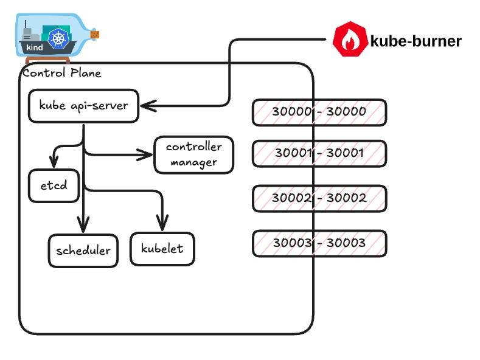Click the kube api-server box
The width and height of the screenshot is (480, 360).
click(83, 105)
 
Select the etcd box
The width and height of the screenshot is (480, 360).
click(54, 185)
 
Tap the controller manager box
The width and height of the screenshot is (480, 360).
click(193, 154)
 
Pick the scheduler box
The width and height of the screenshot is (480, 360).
click(83, 251)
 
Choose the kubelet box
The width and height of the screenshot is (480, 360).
click(162, 249)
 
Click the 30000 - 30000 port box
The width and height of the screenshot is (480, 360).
click(319, 112)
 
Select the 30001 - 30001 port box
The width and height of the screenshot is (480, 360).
click(319, 153)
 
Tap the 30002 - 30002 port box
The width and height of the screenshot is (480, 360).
click(319, 198)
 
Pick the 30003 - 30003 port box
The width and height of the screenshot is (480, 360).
click(319, 243)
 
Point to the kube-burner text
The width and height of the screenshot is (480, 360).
click(416, 41)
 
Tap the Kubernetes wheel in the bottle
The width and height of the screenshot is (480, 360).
click(58, 40)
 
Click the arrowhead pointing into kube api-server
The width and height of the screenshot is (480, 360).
click(146, 106)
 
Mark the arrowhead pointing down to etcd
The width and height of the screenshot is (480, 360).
click(54, 163)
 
